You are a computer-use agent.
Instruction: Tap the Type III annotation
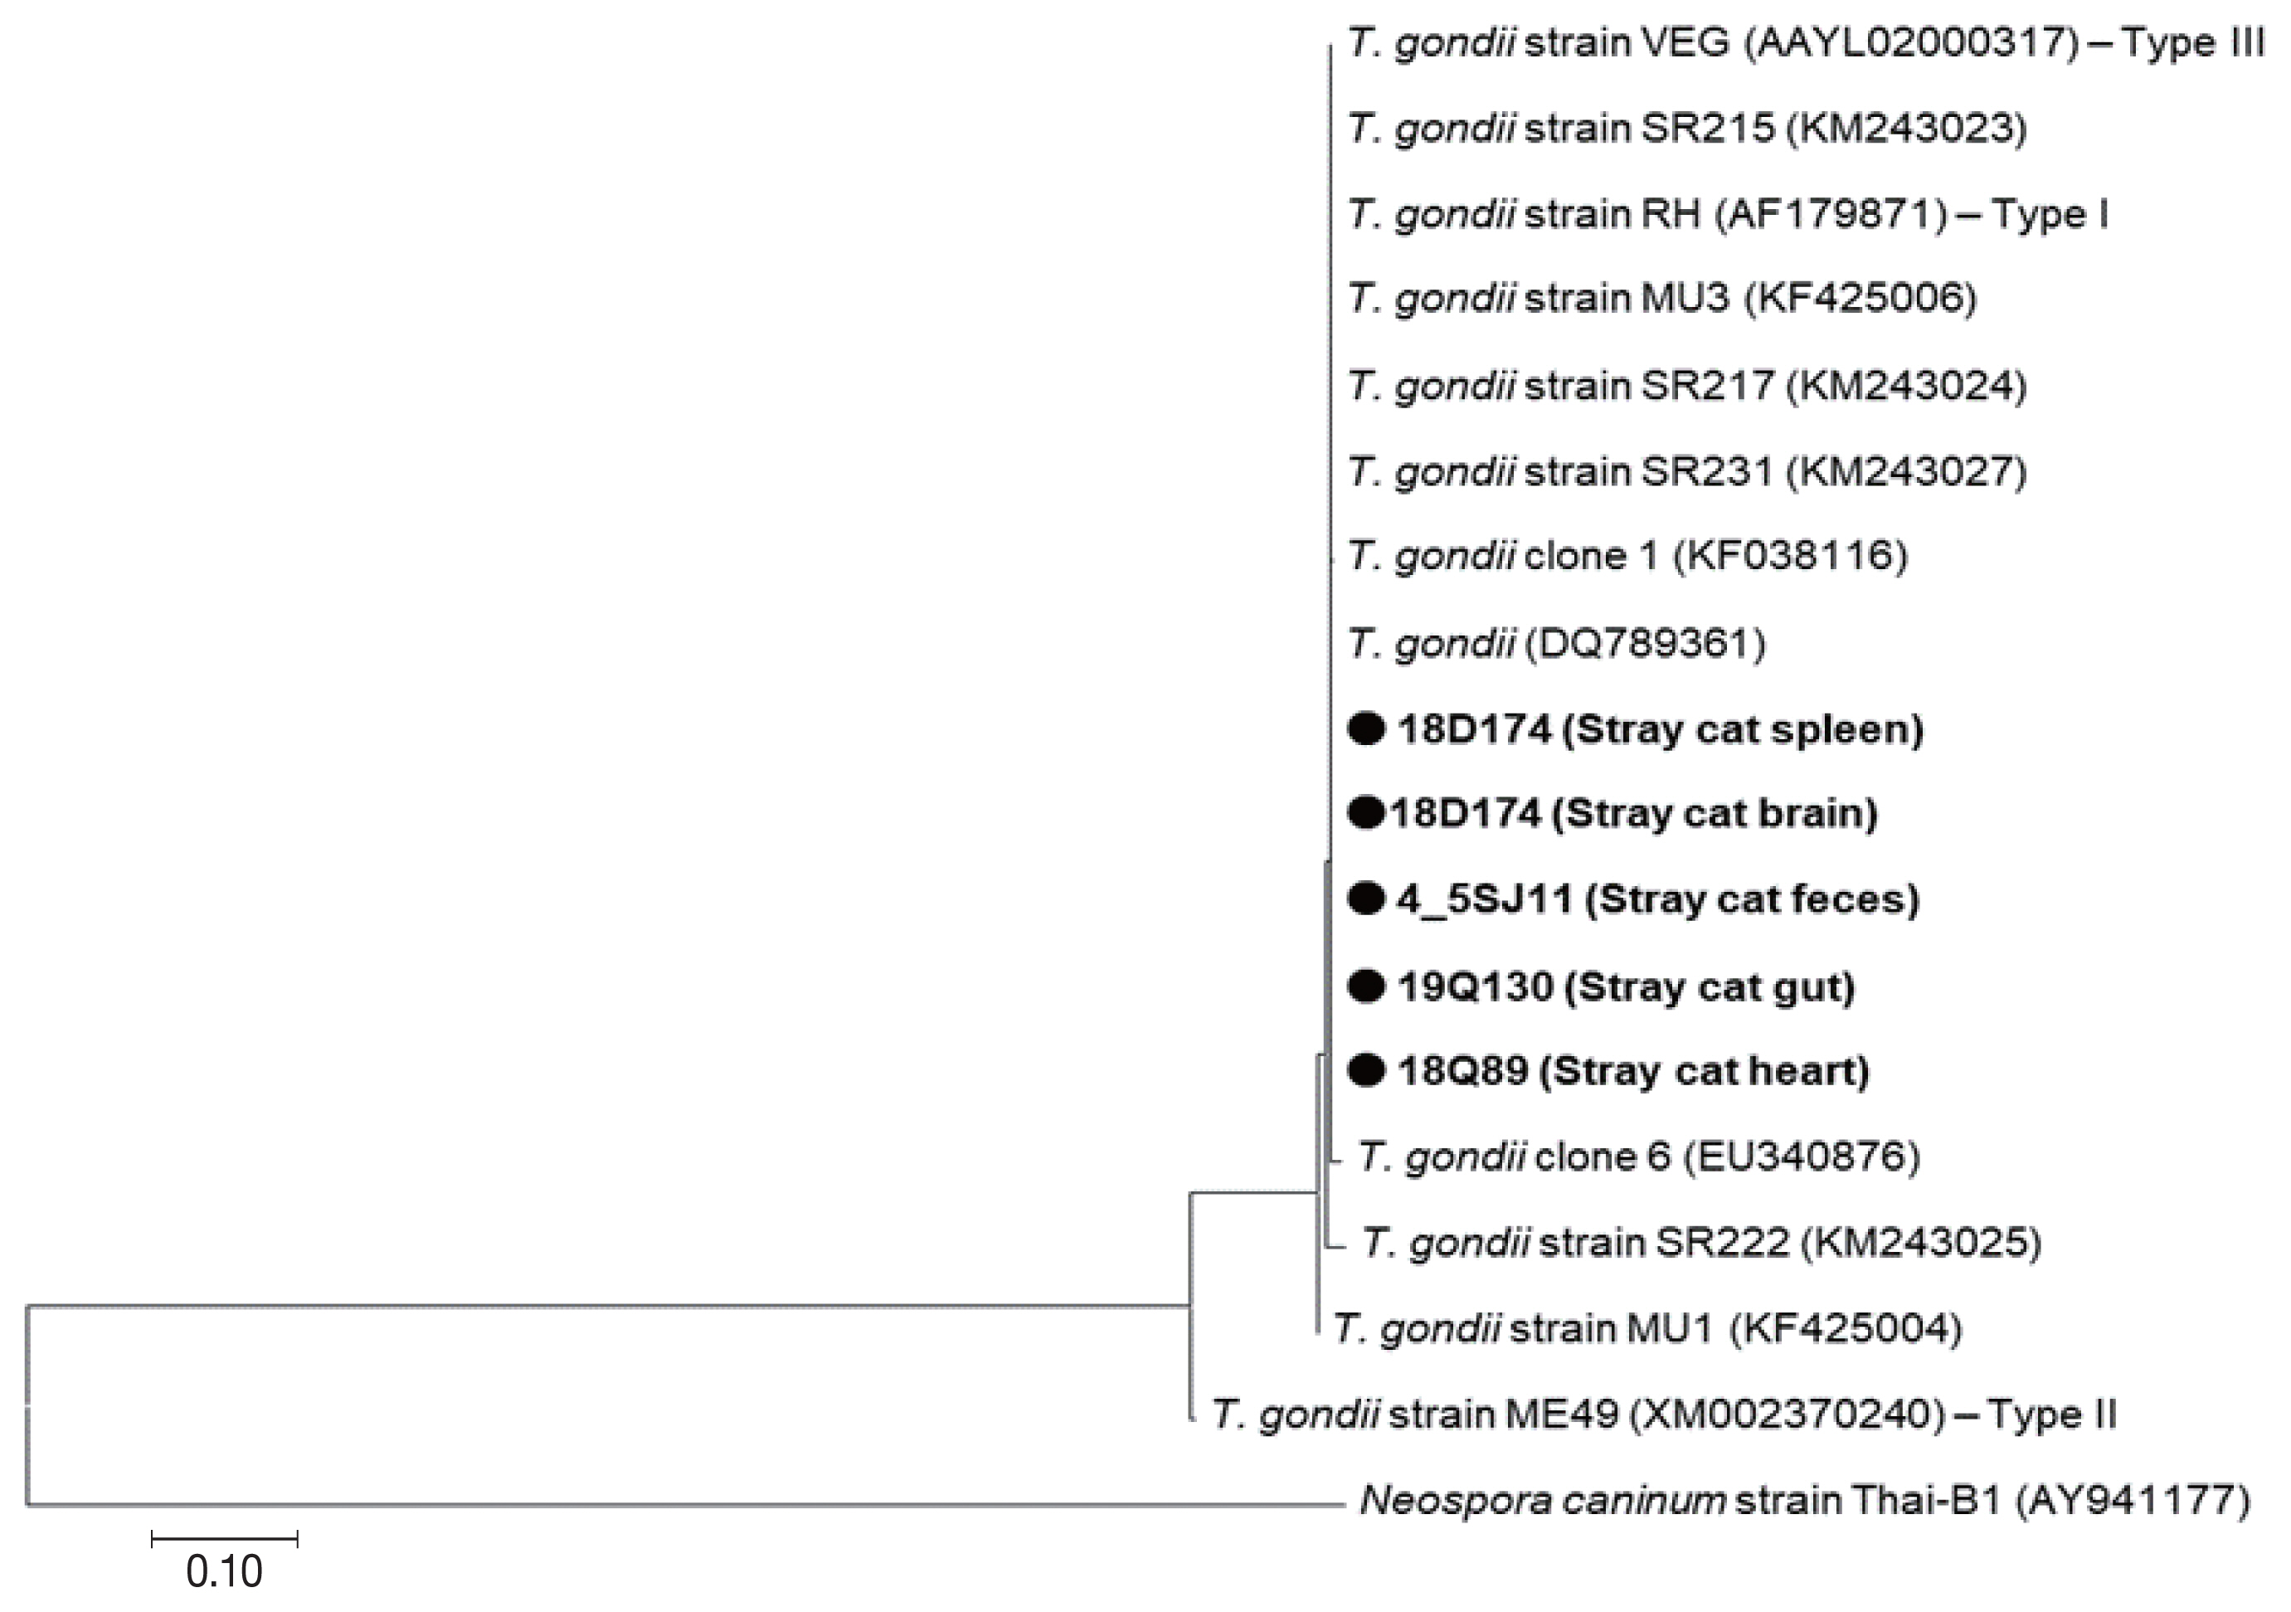(x=2191, y=43)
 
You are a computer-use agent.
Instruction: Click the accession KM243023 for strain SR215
(x=1906, y=129)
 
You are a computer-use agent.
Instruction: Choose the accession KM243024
(x=1906, y=385)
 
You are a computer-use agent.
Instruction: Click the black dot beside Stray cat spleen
(x=1366, y=729)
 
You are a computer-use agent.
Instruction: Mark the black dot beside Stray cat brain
(x=1365, y=814)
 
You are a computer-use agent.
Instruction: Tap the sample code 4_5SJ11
(x=1484, y=900)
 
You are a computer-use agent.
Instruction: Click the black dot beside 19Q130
(x=1366, y=986)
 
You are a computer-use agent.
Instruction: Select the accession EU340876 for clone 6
(x=1801, y=1157)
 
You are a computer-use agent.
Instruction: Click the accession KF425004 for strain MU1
(x=1845, y=1328)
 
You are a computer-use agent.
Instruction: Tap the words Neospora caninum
(x=1542, y=1501)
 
